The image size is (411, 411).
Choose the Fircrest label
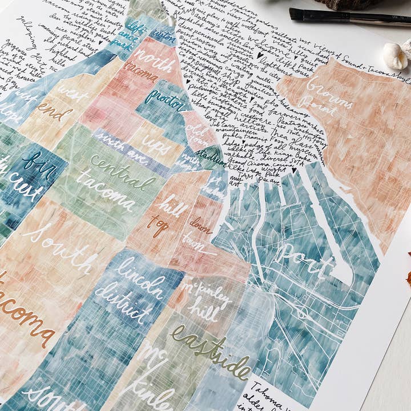pyautogui.click(x=26, y=171)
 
